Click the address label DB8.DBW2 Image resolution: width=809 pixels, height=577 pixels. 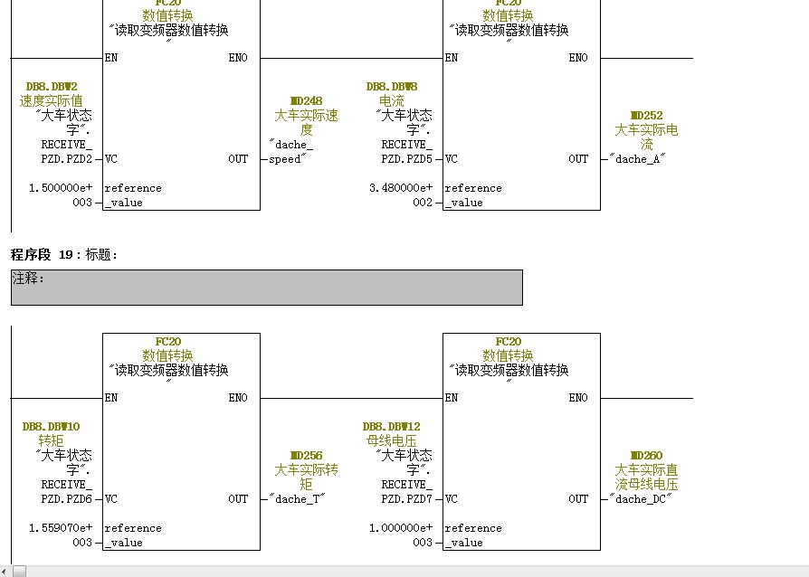click(x=52, y=87)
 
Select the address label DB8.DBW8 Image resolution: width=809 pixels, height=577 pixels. click(x=392, y=87)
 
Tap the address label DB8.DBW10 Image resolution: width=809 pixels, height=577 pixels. click(x=52, y=427)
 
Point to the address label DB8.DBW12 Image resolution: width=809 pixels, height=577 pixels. click(x=392, y=427)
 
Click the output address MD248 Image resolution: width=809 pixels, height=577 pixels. click(x=306, y=101)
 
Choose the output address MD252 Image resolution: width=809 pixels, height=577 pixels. click(x=646, y=116)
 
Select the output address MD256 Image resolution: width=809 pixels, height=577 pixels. click(x=306, y=456)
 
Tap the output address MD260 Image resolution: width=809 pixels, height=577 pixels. click(x=646, y=456)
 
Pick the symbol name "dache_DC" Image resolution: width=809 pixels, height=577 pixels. click(x=641, y=499)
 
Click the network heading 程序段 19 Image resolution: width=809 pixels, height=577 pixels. click(x=64, y=256)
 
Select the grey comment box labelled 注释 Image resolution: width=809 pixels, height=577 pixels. click(x=266, y=288)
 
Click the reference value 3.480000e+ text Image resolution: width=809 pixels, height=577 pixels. click(x=401, y=188)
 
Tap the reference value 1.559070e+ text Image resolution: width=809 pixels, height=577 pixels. click(x=61, y=528)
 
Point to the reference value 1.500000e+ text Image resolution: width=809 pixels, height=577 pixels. click(x=61, y=188)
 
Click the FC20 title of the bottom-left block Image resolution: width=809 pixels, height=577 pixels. click(x=168, y=342)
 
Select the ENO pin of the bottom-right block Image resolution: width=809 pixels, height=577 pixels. click(x=577, y=398)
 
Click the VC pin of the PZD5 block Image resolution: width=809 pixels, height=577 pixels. click(x=452, y=159)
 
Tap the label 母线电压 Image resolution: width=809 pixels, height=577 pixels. click(x=392, y=441)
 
